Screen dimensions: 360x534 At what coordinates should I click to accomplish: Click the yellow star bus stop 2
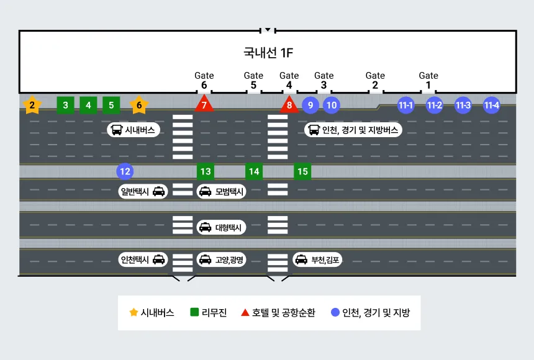(32, 106)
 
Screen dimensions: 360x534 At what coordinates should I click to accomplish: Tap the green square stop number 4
(88, 106)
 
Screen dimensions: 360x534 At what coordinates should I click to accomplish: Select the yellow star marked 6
(139, 106)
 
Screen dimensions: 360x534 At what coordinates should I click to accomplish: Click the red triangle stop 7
(204, 105)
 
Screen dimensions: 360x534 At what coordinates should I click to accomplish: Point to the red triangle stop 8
(289, 105)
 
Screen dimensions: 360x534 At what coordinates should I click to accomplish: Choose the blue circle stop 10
(332, 105)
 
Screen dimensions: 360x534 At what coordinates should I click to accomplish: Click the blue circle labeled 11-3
(463, 105)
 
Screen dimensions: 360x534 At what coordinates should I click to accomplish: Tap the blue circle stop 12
(125, 171)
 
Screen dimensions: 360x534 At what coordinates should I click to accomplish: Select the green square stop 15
(302, 171)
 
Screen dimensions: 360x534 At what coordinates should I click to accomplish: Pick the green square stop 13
(206, 171)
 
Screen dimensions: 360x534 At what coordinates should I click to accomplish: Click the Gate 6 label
(204, 81)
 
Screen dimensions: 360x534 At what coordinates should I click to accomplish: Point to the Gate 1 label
(428, 81)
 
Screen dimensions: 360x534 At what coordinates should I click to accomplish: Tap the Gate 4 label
(289, 81)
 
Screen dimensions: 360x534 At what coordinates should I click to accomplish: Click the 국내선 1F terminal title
(268, 53)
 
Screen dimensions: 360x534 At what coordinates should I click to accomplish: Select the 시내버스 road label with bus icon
(134, 130)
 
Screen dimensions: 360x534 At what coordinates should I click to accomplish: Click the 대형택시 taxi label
(221, 228)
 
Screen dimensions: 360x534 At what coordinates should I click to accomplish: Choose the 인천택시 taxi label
(143, 259)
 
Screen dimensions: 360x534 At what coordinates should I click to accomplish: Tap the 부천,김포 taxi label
(317, 259)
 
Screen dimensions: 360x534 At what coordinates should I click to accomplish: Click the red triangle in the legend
(245, 312)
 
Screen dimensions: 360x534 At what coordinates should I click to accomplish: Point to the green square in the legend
(194, 312)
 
